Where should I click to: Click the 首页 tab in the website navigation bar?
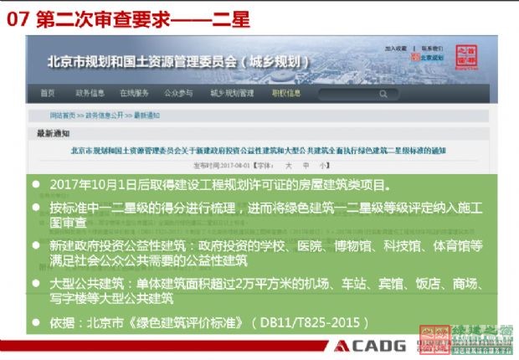click(x=48, y=93)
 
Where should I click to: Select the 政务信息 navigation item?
click(x=90, y=93)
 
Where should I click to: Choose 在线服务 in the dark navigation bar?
click(x=134, y=93)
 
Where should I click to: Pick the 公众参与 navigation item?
click(x=177, y=93)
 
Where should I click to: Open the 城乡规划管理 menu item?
click(x=232, y=93)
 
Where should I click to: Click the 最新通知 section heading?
click(x=54, y=133)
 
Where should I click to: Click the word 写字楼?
click(x=68, y=299)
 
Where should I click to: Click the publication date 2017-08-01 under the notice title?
click(x=222, y=167)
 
